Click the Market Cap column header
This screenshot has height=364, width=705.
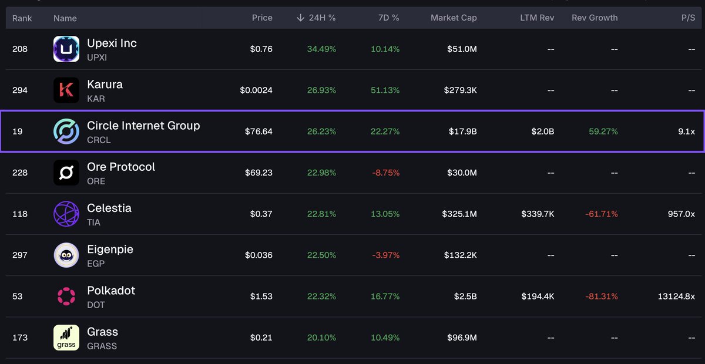454,18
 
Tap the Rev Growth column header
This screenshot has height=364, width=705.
595,18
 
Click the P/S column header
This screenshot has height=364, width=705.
688,18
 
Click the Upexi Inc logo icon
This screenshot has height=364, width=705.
66,49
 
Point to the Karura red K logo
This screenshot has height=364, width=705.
66,90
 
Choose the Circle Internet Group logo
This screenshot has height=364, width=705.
66,132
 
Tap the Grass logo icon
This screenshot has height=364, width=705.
66,338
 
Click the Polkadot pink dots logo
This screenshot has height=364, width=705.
66,296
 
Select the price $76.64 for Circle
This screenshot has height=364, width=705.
258,132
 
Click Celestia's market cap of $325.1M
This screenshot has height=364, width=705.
459,214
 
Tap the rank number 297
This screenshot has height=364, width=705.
20,255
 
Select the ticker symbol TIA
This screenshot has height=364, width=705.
93,223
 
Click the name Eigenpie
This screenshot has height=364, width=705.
110,250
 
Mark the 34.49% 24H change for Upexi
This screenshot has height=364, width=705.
321,49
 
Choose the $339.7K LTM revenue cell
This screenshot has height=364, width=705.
538,214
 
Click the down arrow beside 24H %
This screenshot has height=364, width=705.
301,18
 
